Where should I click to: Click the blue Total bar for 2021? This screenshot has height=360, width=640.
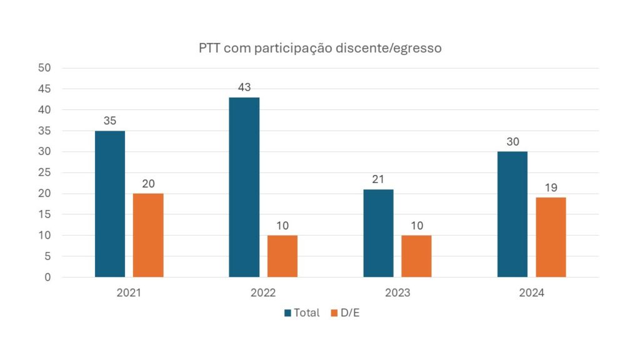110,204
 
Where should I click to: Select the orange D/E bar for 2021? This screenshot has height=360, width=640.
148,235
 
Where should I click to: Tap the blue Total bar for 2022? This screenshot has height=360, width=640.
244,187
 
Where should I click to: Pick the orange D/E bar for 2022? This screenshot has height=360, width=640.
282,256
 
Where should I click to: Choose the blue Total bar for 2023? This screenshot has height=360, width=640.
378,233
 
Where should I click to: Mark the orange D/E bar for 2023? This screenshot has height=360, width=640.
416,256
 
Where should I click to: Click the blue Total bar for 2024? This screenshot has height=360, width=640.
512,214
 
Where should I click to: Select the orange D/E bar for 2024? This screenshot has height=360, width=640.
551,237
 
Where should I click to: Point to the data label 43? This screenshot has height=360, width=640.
244,87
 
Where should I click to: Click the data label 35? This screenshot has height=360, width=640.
110,121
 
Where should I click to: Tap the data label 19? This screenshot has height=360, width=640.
551,187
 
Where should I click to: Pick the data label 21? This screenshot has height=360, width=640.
378,179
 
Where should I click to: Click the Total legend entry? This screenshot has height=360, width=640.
302,312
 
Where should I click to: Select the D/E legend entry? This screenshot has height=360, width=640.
345,312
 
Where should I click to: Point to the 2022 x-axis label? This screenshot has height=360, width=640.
263,292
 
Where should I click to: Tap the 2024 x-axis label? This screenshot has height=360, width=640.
531,292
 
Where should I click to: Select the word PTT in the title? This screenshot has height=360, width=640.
211,48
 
